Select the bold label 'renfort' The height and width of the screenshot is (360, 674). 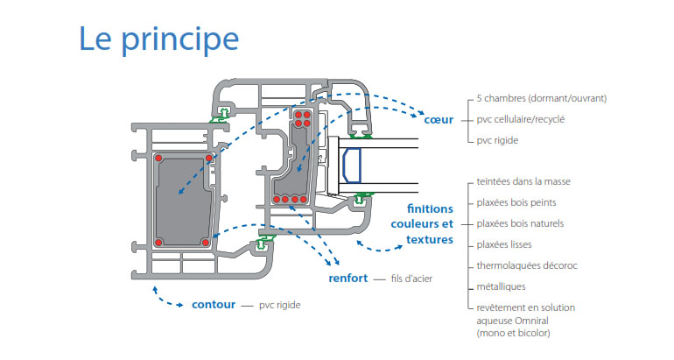tap(348, 279)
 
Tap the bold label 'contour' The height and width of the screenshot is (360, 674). tap(212, 305)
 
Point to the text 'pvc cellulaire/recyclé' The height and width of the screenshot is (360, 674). tap(521, 118)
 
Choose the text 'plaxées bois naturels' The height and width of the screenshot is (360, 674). tap(520, 223)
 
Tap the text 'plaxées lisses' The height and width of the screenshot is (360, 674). tap(505, 244)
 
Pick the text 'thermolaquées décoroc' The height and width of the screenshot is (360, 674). tap(527, 265)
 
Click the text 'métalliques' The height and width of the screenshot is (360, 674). tap(501, 286)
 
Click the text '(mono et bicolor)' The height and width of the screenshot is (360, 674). tap(514, 333)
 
